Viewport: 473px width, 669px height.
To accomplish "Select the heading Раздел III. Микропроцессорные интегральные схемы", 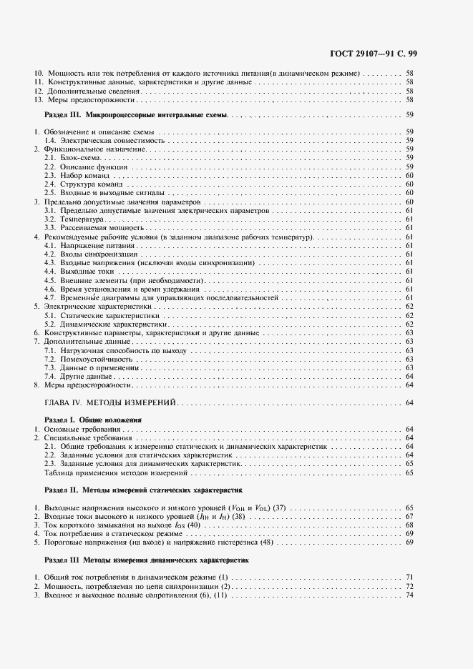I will (x=136, y=115).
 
